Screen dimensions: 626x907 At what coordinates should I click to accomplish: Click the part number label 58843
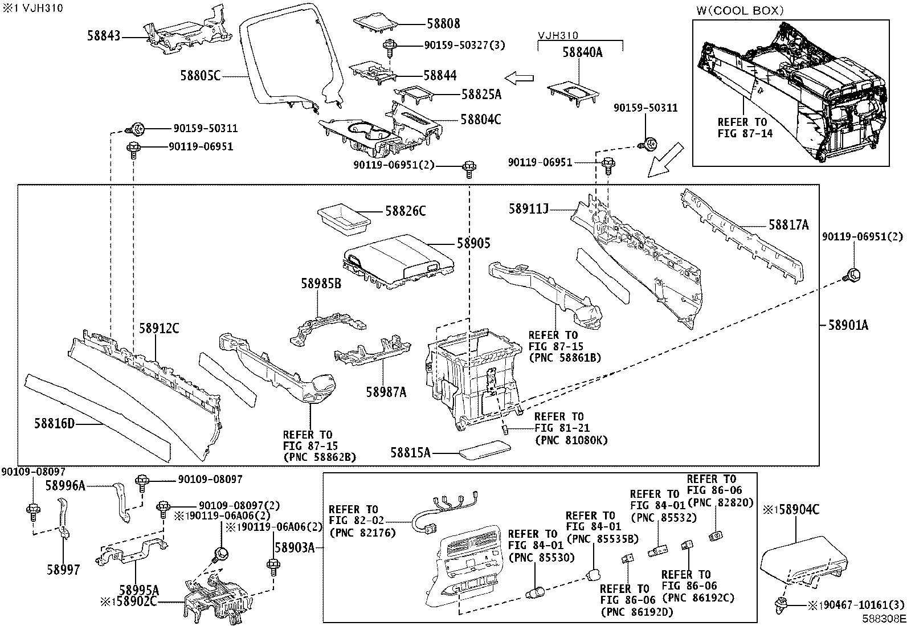(104, 36)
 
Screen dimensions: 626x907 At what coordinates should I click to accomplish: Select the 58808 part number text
(443, 24)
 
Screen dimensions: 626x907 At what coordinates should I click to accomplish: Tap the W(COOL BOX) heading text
(740, 10)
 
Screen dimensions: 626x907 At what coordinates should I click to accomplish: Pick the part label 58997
(63, 569)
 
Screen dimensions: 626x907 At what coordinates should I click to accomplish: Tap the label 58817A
(788, 225)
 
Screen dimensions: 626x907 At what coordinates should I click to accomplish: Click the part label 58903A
(295, 547)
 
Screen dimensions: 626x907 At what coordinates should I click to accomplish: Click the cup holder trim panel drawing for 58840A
(574, 93)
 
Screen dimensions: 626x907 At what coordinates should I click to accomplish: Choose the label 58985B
(321, 283)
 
